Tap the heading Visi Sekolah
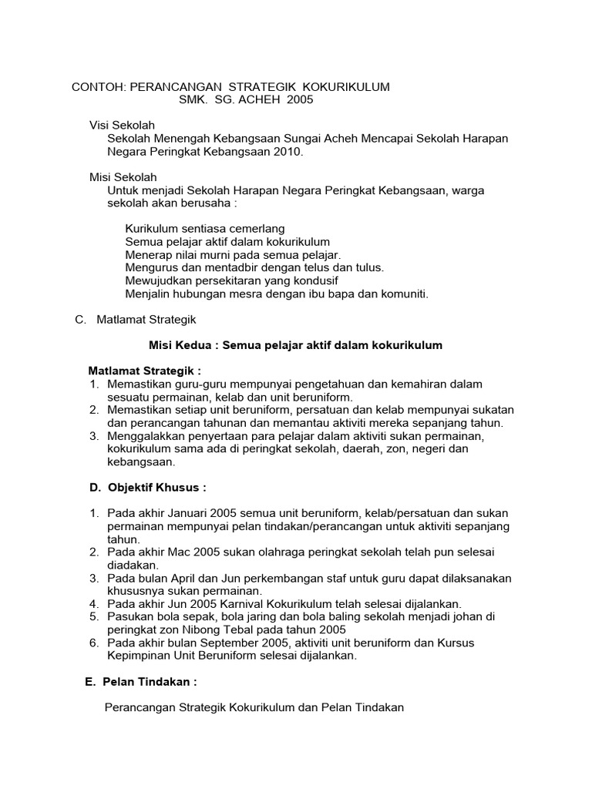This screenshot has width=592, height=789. (x=123, y=125)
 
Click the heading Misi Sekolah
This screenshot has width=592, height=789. (x=123, y=177)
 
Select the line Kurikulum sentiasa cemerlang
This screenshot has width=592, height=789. (x=204, y=229)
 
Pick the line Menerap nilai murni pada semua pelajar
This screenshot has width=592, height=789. (x=232, y=254)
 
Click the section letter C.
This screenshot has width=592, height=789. (x=79, y=319)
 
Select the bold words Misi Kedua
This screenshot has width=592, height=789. (x=181, y=345)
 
